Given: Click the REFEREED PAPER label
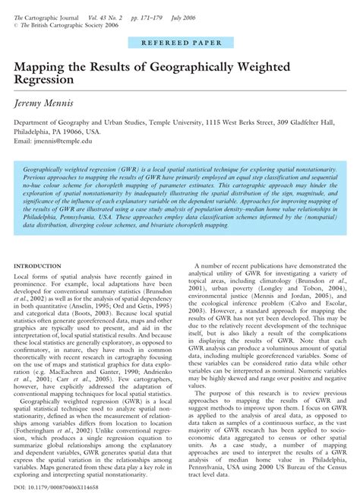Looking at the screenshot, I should [179, 46].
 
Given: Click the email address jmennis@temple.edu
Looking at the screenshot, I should [76, 141].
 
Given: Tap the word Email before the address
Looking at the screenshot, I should [24, 141].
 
